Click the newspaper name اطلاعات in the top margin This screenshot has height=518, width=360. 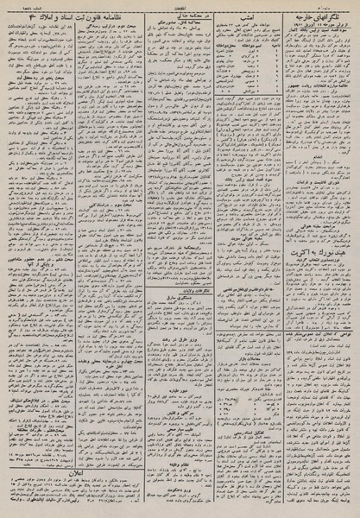pos(180,4)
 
